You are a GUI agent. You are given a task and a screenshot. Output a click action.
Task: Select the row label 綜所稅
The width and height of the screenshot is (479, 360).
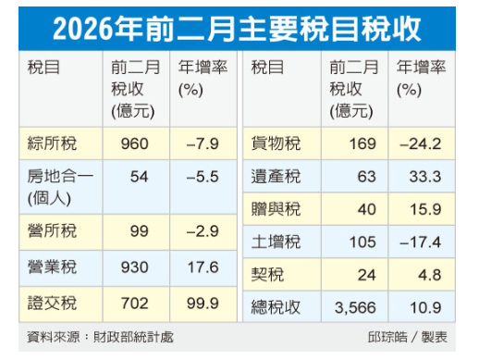(x=52, y=143)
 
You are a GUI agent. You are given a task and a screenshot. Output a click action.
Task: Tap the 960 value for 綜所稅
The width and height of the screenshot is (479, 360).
(x=132, y=143)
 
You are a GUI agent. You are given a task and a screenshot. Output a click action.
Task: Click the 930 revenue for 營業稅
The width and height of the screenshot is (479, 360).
(x=132, y=267)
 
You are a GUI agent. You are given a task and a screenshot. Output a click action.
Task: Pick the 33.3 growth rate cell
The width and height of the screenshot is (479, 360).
(x=423, y=176)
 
